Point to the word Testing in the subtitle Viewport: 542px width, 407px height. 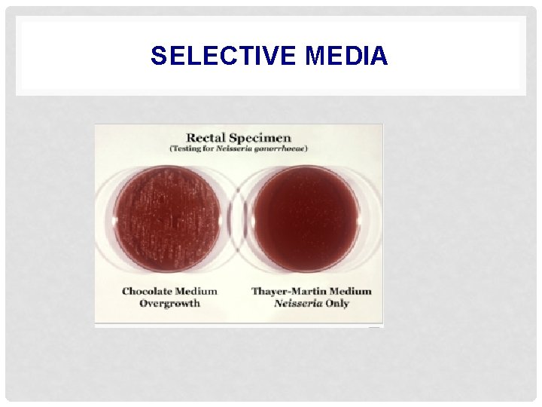(190, 148)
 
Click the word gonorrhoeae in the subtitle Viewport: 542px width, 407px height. (278, 148)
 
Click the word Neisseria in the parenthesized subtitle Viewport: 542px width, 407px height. (235, 148)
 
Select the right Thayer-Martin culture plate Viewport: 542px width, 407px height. (306, 219)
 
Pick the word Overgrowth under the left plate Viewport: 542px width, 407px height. (169, 303)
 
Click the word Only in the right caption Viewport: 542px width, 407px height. (336, 303)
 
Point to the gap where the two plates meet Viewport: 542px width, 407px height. (237, 219)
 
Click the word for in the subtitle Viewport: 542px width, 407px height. (212, 148)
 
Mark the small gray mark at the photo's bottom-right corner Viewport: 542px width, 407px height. (373, 326)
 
